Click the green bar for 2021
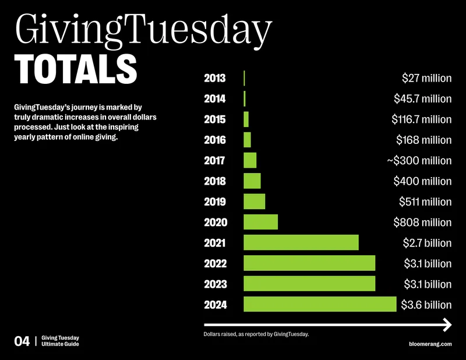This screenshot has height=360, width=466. pyautogui.click(x=301, y=242)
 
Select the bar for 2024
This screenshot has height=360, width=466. pyautogui.click(x=320, y=304)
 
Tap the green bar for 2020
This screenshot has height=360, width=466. pyautogui.click(x=260, y=222)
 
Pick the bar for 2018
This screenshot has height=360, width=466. pyautogui.click(x=252, y=181)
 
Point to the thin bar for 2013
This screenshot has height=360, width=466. pyautogui.click(x=244, y=78)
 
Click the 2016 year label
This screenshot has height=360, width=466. pyautogui.click(x=215, y=140)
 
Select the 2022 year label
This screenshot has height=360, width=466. pyautogui.click(x=215, y=263)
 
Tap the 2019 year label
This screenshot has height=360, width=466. pyautogui.click(x=215, y=202)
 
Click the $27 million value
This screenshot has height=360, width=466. pyautogui.click(x=427, y=78)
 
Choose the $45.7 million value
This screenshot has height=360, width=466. pyautogui.click(x=423, y=98)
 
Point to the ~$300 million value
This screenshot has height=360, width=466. pyautogui.click(x=419, y=161)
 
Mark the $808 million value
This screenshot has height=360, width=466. pyautogui.click(x=423, y=223)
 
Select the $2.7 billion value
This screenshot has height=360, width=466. pyautogui.click(x=428, y=243)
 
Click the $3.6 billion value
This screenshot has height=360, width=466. pyautogui.click(x=426, y=305)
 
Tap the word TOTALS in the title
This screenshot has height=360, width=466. pyautogui.click(x=76, y=69)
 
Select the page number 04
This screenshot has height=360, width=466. pyautogui.click(x=22, y=341)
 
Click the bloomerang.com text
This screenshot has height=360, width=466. pyautogui.click(x=430, y=344)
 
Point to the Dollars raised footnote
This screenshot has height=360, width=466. pyautogui.click(x=256, y=334)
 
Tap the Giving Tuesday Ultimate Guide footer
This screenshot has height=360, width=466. pyautogui.click(x=61, y=341)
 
